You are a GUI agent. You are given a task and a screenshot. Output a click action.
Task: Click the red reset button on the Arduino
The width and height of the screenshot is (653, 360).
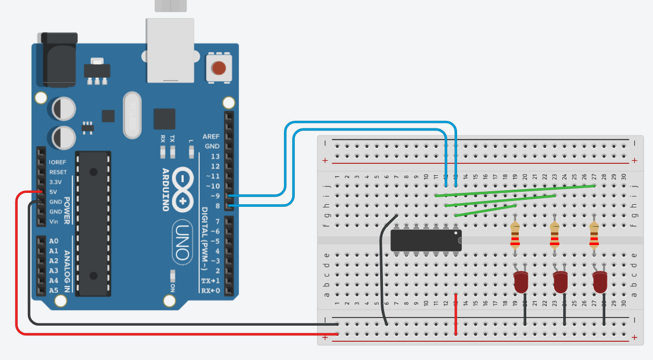coord(219,68)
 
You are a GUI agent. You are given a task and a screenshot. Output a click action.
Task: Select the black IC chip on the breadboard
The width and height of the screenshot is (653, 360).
coord(426,240)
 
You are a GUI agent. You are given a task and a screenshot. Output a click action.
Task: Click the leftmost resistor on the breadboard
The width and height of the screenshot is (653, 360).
coord(516,235)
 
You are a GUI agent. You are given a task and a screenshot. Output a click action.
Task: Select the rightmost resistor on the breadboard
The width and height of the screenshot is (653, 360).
coord(594,235)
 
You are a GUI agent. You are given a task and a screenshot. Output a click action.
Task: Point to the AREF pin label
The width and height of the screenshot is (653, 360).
coord(211,136)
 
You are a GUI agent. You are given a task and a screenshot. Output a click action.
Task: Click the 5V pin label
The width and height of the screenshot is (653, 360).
coord(53,192)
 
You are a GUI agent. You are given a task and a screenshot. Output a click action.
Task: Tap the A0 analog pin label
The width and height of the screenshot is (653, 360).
coord(54,241)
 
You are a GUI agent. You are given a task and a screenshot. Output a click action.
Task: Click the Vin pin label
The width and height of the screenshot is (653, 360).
coord(53,221)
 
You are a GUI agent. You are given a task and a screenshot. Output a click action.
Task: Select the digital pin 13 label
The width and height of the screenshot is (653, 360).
coord(215,156)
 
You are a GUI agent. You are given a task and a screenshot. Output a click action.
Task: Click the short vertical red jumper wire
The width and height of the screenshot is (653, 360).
coord(456,314)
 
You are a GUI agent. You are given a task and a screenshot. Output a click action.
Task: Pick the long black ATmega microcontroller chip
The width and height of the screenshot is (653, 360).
coord(94,223)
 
